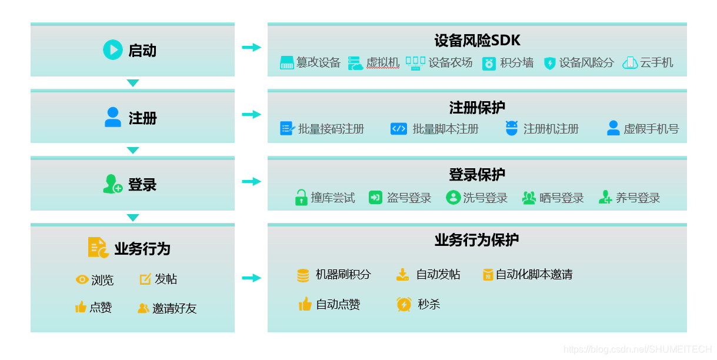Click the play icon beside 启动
(x=112, y=50)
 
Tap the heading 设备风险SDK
(x=477, y=41)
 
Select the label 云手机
(x=656, y=63)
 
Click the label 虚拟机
(x=382, y=63)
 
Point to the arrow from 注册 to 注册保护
(x=251, y=114)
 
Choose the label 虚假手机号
(x=651, y=129)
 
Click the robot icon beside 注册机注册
(x=512, y=128)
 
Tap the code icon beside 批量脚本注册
(x=399, y=129)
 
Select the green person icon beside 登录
(x=112, y=184)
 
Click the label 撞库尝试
(x=333, y=198)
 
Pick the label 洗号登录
(x=485, y=198)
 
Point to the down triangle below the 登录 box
(x=133, y=218)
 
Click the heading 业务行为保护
(x=476, y=240)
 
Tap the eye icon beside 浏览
(x=82, y=280)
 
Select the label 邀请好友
(x=174, y=308)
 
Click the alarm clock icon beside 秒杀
(x=404, y=304)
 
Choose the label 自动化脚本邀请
(x=533, y=275)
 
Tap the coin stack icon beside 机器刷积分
(x=303, y=275)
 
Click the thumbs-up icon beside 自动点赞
(x=305, y=304)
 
